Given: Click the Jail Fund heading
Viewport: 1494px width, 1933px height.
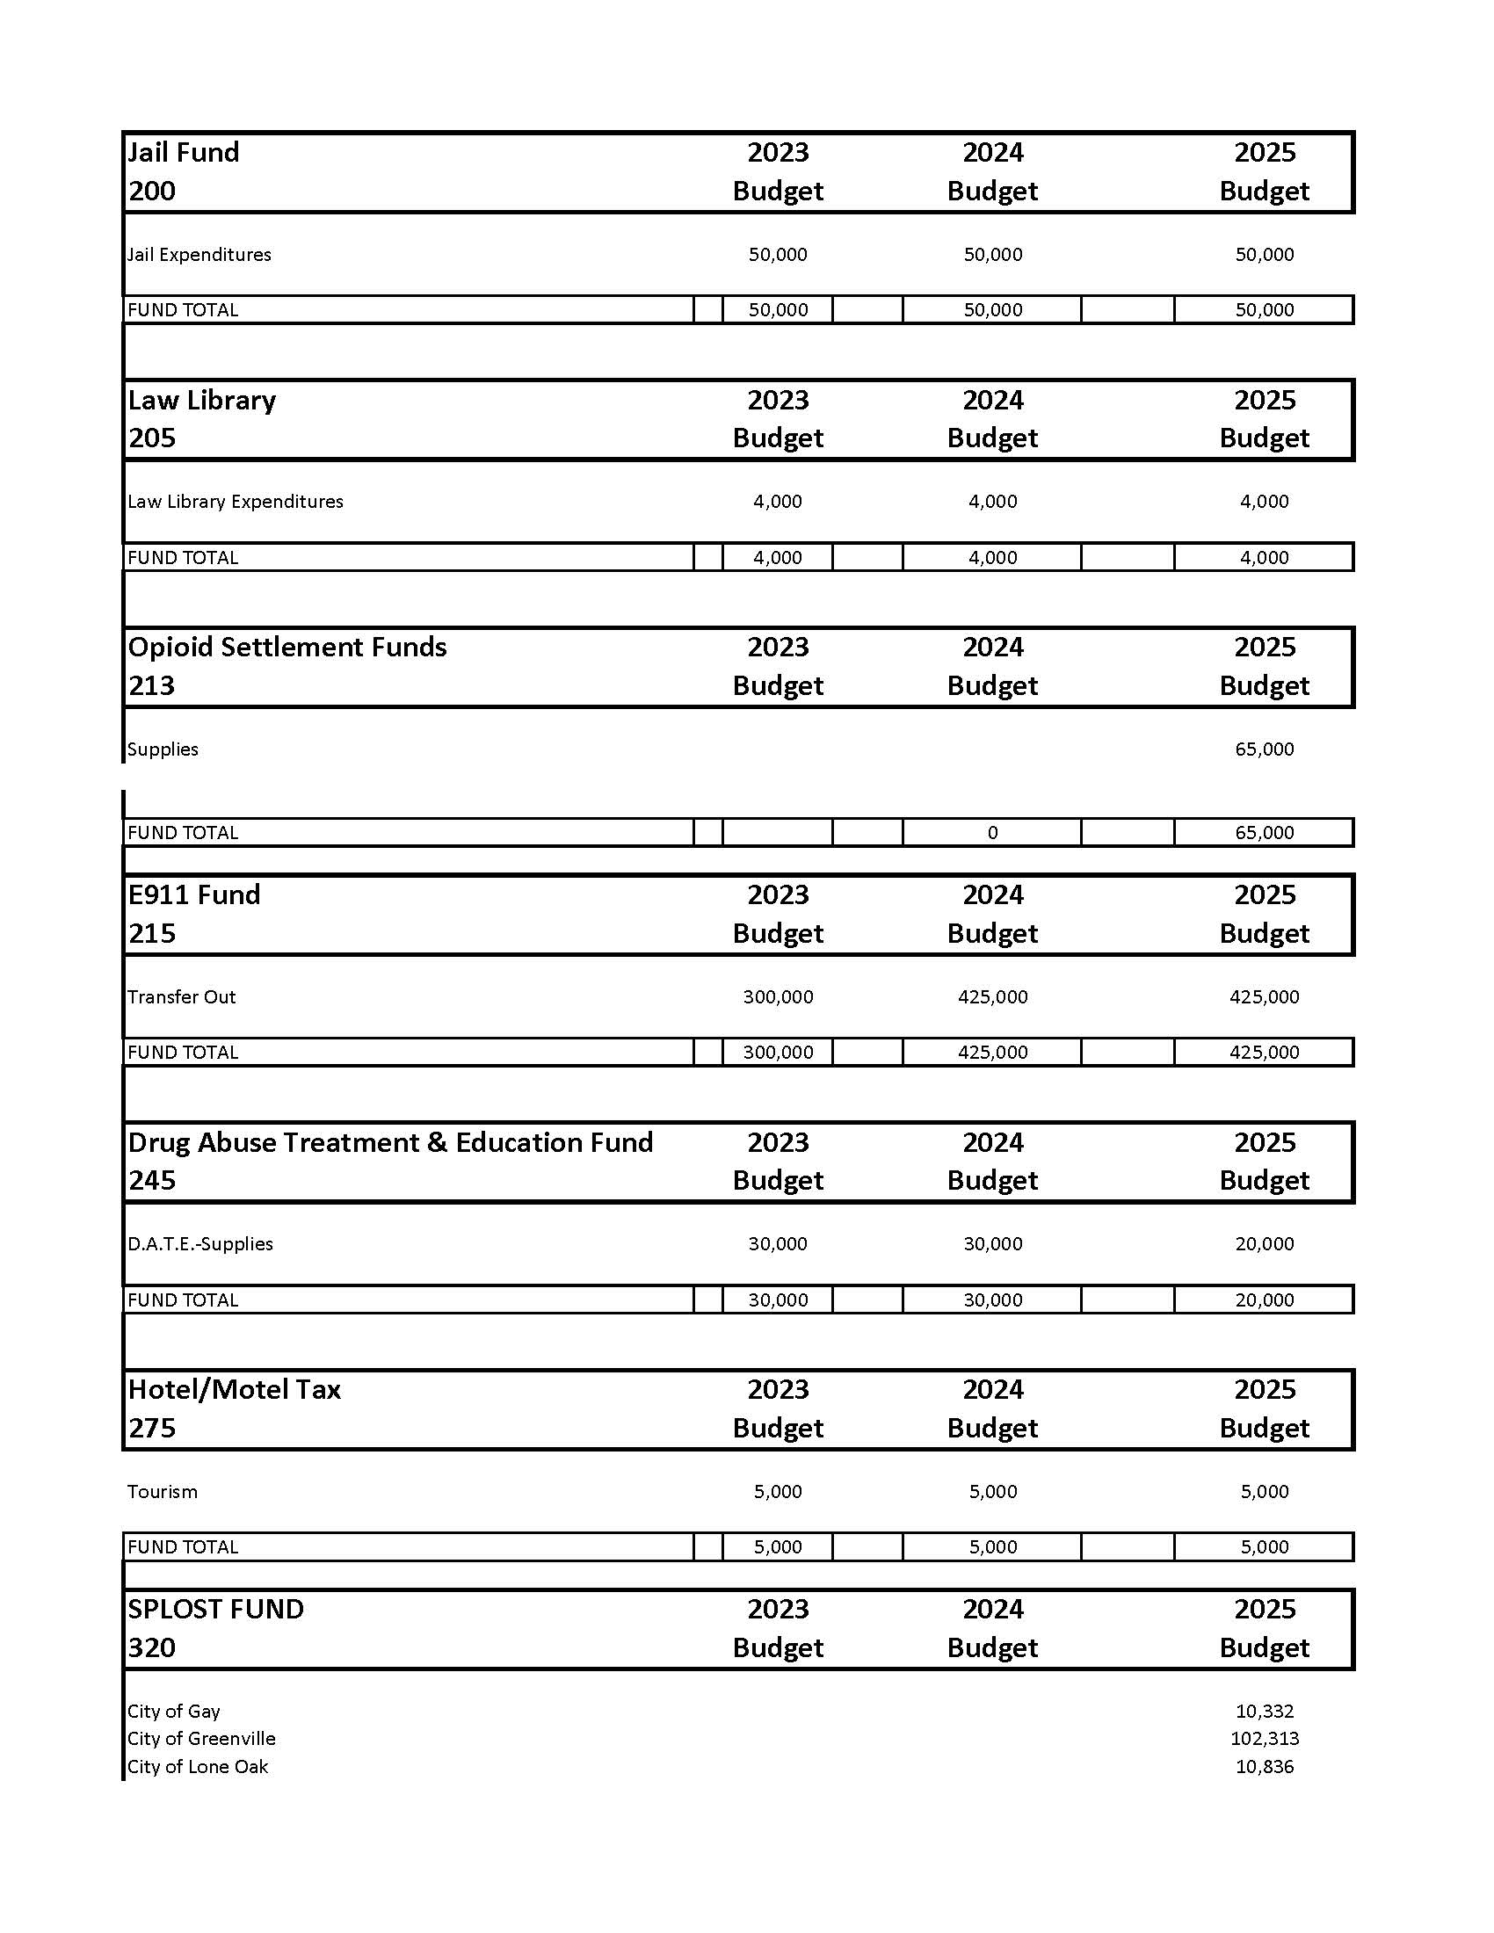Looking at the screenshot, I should (x=183, y=152).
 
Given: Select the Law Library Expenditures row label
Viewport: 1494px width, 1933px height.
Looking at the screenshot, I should (x=235, y=502).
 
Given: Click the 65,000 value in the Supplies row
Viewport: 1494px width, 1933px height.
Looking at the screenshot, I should (x=1264, y=749).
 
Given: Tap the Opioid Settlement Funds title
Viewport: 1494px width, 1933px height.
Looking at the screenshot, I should (x=286, y=647).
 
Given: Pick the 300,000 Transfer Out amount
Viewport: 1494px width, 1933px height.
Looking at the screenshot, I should (x=777, y=997).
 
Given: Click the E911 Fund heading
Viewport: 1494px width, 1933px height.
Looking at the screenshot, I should (x=194, y=894).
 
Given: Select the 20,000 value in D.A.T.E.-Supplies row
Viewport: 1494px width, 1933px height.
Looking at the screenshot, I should (x=1264, y=1244).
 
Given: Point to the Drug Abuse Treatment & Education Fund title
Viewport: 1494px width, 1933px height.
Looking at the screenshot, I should (x=390, y=1142).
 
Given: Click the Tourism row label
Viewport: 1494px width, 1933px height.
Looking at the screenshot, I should (x=162, y=1492).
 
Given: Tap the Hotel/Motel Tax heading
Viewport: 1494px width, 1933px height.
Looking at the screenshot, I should (x=234, y=1390).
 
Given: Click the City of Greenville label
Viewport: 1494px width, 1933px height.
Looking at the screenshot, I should (x=201, y=1739).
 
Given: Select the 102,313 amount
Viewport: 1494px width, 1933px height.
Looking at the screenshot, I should (x=1264, y=1739).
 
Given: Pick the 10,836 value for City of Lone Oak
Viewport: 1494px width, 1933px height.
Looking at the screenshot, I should (x=1264, y=1768).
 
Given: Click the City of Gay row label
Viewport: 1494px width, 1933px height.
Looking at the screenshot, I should (x=173, y=1712).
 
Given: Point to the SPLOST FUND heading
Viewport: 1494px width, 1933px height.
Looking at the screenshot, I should (x=215, y=1609).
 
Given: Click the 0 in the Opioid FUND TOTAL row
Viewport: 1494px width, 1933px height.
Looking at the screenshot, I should (x=992, y=833).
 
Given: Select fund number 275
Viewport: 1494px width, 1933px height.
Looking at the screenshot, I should (x=151, y=1428).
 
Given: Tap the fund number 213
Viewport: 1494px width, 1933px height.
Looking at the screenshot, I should (x=151, y=686).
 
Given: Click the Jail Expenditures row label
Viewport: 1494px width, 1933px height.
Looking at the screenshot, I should (x=199, y=255).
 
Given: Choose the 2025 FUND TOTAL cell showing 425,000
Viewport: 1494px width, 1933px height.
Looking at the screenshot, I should (x=1264, y=1053).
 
